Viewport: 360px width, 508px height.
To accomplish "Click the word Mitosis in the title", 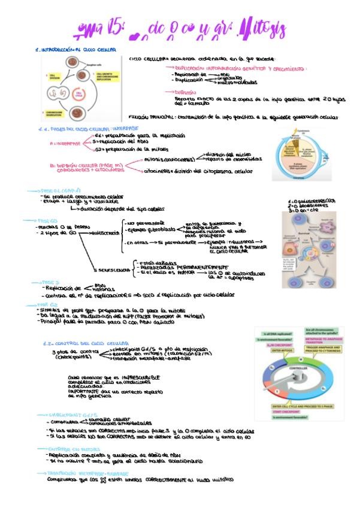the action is [x=265, y=29].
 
